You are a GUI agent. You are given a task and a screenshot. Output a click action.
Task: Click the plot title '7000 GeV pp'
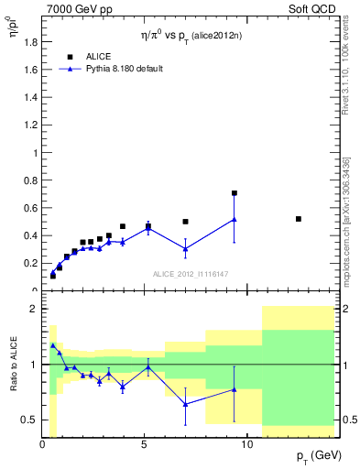74,8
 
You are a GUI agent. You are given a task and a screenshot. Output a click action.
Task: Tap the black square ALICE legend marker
70,56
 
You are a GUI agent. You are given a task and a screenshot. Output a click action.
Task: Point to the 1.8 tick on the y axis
28,42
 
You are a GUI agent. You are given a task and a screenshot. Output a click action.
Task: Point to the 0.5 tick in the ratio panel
28,420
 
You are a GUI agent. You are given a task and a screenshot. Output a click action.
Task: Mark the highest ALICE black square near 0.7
235,193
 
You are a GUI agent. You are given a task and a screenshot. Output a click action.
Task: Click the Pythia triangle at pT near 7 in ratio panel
185,404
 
